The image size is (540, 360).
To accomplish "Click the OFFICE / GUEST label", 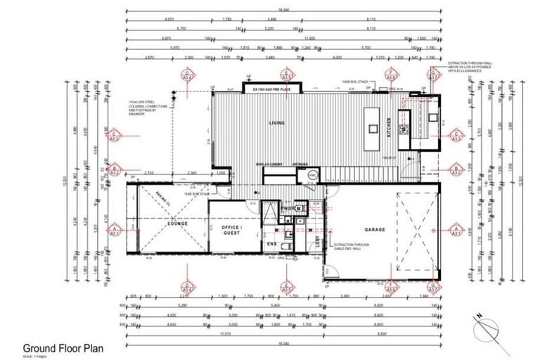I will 232,232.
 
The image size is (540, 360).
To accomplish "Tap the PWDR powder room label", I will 288,208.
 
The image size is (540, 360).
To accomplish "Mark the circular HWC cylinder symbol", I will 314,174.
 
